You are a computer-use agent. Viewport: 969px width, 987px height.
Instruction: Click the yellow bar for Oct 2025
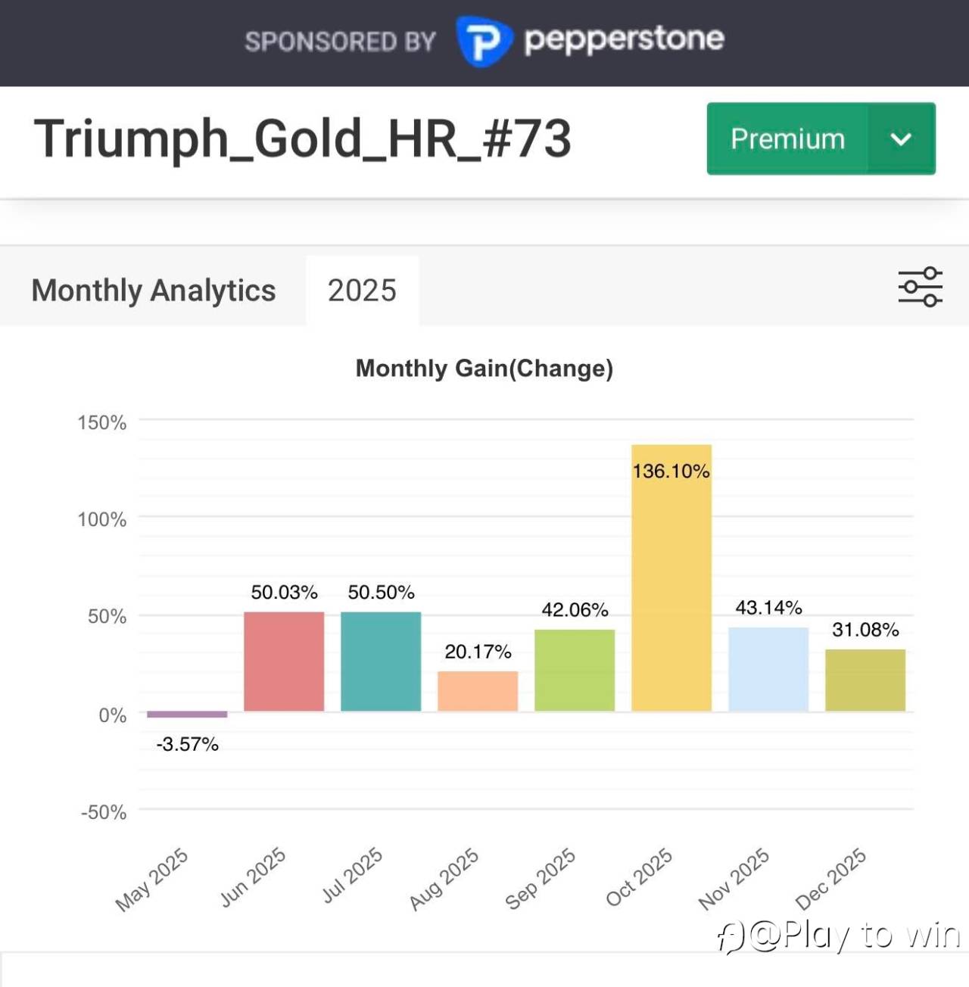[x=671, y=579]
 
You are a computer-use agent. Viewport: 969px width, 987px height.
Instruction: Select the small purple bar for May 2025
[x=187, y=714]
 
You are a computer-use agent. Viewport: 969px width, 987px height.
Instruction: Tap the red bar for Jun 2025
[x=284, y=662]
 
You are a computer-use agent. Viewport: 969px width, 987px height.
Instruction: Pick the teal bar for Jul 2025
[x=381, y=662]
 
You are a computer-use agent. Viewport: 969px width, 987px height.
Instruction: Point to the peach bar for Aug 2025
[x=478, y=691]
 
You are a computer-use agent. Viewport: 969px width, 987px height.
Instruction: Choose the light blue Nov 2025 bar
[x=768, y=669]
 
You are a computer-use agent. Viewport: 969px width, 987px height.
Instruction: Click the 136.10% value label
[x=671, y=472]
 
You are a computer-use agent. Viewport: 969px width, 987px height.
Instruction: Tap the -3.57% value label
[x=187, y=745]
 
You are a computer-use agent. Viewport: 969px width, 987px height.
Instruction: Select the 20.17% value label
[x=478, y=652]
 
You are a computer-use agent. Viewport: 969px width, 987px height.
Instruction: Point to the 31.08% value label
[x=865, y=630]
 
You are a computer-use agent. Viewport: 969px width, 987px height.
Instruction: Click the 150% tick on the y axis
[x=102, y=422]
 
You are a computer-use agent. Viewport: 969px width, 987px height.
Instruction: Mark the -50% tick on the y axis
[x=104, y=812]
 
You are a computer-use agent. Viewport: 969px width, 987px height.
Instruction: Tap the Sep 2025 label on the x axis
[x=541, y=879]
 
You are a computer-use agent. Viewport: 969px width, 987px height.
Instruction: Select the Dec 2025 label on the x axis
[x=830, y=879]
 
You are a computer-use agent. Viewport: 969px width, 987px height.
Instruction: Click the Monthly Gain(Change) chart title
[x=484, y=369]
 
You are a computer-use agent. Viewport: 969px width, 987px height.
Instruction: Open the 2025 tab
[x=362, y=291]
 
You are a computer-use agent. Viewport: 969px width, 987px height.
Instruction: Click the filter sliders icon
[x=920, y=287]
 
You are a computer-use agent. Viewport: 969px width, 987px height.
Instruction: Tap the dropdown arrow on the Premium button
[x=901, y=139]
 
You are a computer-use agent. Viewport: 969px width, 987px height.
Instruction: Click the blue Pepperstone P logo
[x=483, y=41]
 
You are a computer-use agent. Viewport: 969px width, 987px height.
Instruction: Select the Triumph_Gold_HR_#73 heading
[x=303, y=139]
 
